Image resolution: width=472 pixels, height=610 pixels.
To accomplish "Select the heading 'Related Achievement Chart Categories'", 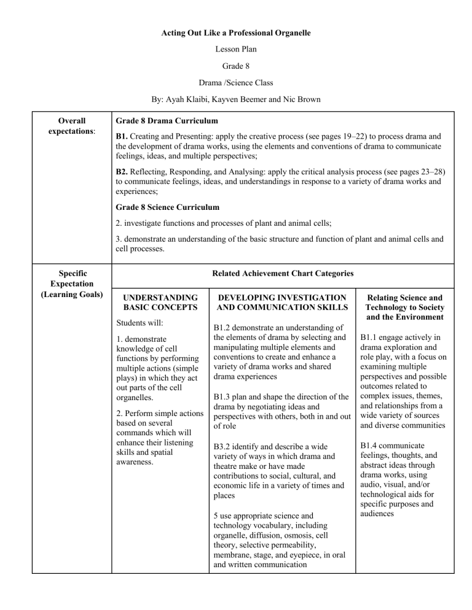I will click(x=282, y=272).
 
